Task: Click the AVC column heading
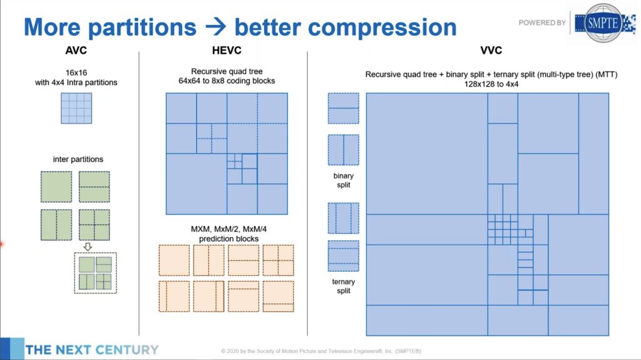click(x=77, y=50)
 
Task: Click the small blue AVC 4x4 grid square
click(x=76, y=108)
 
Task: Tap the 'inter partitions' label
click(x=78, y=160)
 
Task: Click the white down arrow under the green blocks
click(x=88, y=246)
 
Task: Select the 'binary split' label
click(x=343, y=180)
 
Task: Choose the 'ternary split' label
click(x=343, y=286)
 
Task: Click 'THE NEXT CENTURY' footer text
click(x=92, y=349)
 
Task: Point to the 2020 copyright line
click(x=320, y=351)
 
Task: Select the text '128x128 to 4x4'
click(x=491, y=84)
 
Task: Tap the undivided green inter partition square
click(x=56, y=187)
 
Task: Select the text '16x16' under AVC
click(x=77, y=72)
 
